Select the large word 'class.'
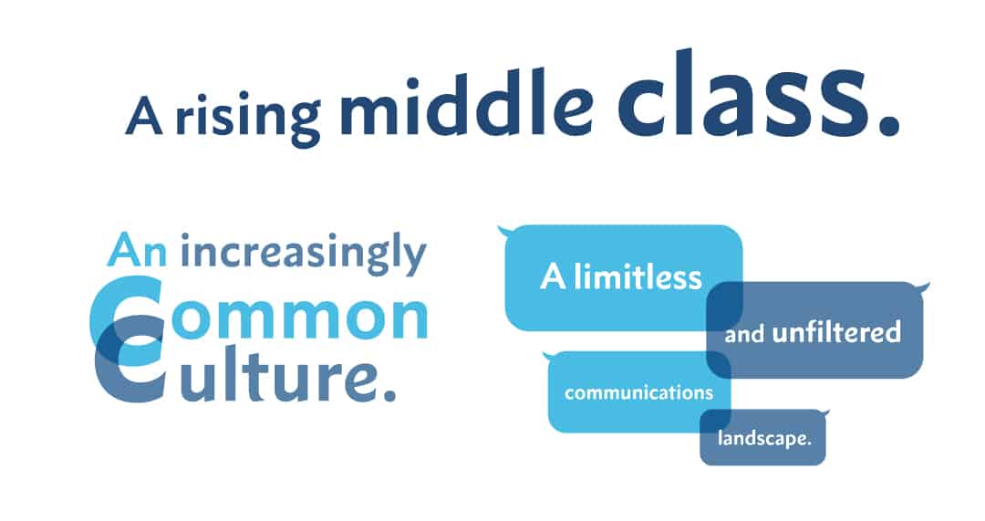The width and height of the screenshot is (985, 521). tap(758, 93)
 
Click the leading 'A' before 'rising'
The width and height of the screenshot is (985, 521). tap(144, 116)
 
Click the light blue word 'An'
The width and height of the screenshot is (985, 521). tap(137, 251)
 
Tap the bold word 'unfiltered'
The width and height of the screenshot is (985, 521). tap(836, 332)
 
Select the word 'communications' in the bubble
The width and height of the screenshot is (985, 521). tap(638, 392)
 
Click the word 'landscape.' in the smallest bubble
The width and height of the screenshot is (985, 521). tap(764, 438)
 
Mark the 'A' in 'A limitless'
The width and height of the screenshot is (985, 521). tap(553, 277)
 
